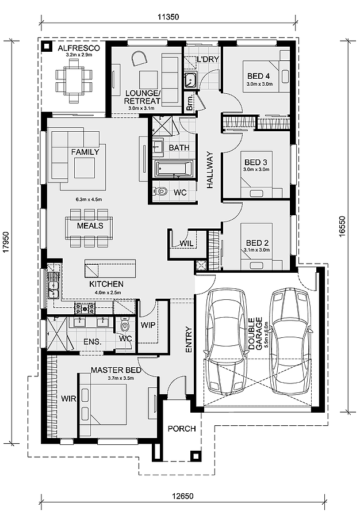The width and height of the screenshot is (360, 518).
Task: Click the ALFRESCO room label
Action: [x=79, y=48]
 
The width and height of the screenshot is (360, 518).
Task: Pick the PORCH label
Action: [x=181, y=429]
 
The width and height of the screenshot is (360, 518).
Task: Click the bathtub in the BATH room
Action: [x=174, y=169]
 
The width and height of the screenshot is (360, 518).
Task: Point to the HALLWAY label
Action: [x=210, y=170]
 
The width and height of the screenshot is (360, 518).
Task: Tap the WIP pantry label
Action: [x=148, y=325]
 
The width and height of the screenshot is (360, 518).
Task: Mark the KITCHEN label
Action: [x=106, y=284]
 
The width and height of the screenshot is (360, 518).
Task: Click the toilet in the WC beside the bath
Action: [x=162, y=191]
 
